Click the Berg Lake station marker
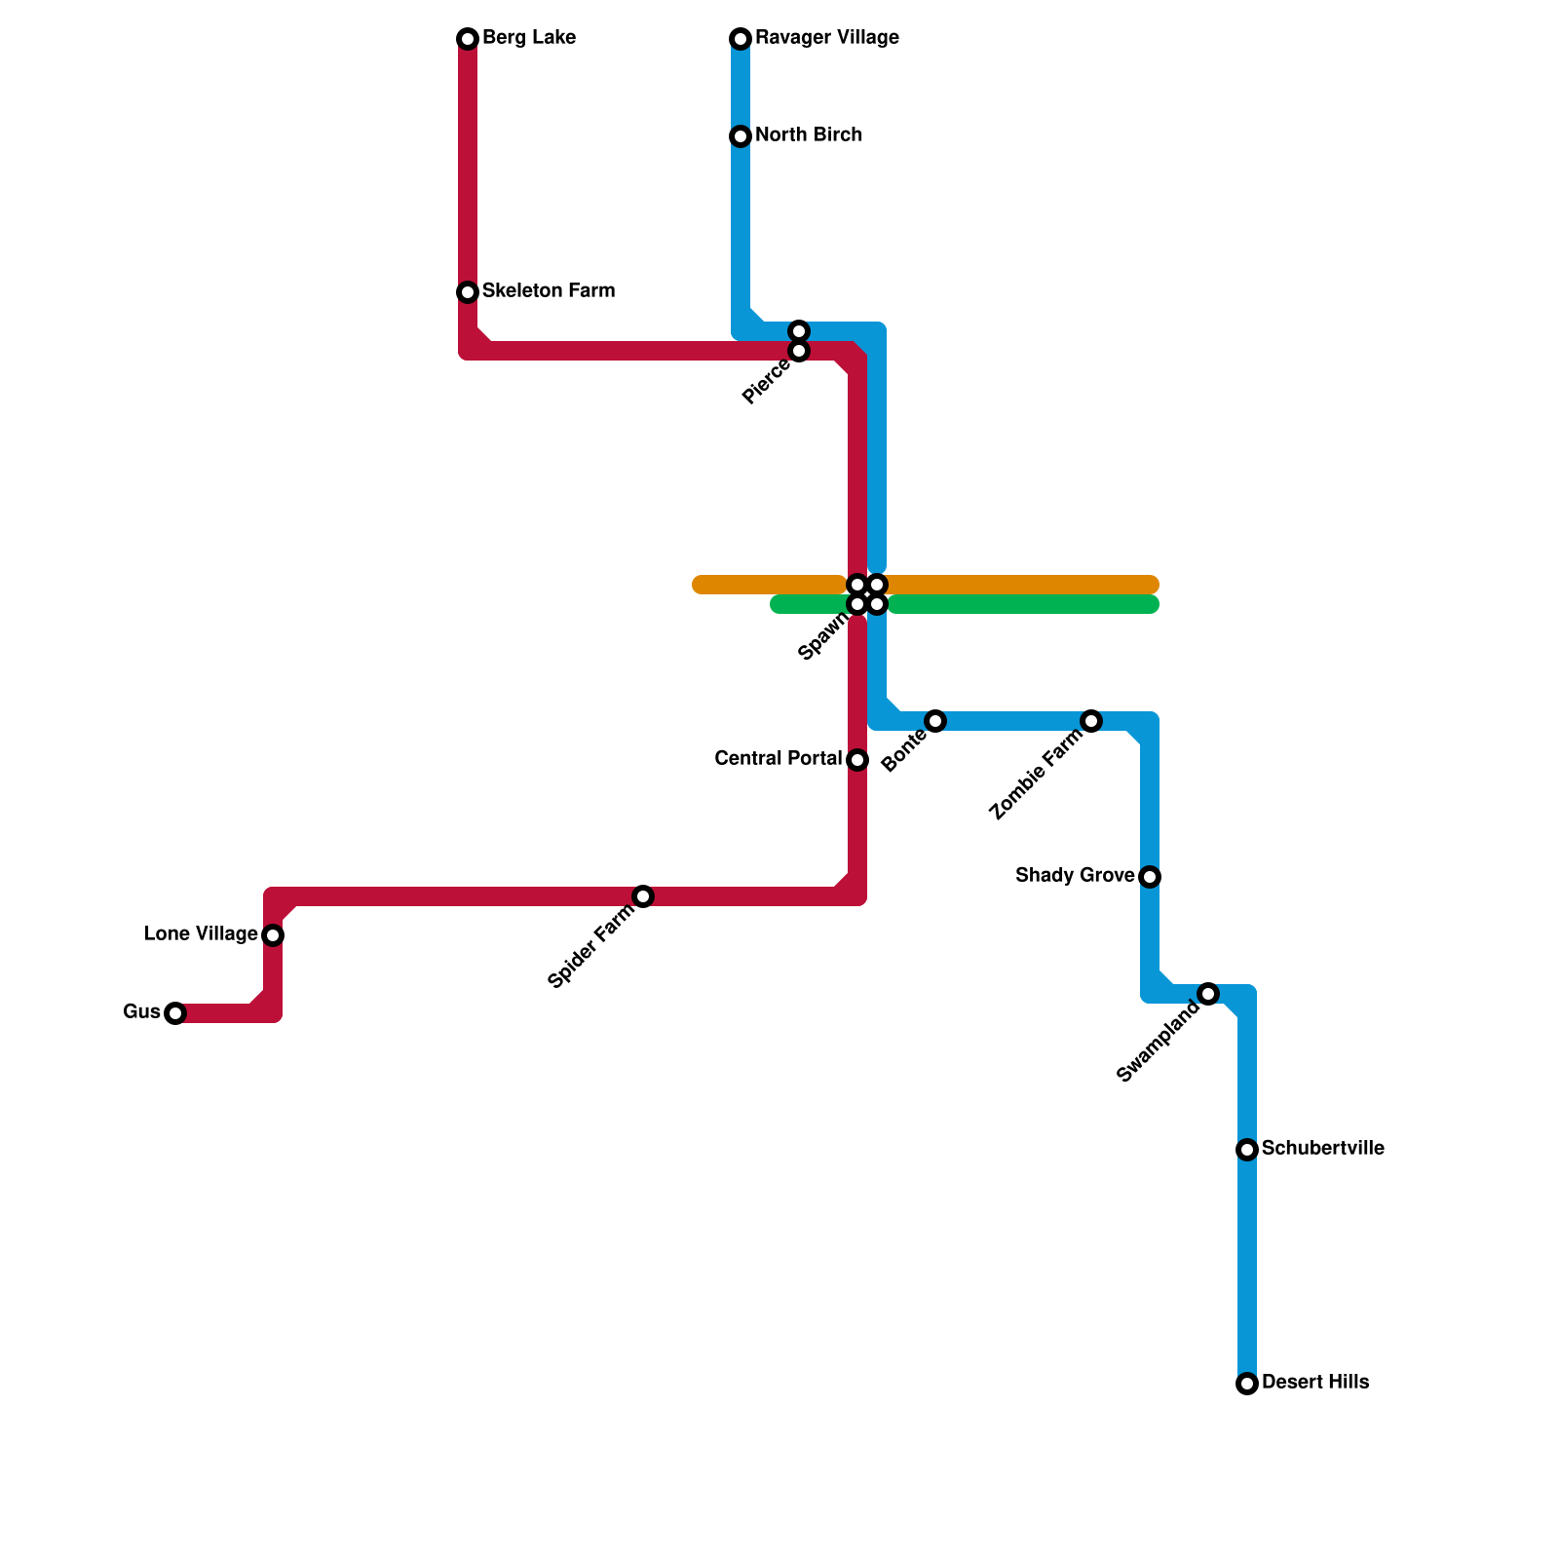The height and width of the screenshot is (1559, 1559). point(468,39)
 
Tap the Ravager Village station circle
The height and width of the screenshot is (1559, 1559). point(741,39)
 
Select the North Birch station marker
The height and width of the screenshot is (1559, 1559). point(741,136)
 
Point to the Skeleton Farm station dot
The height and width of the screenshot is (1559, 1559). point(468,292)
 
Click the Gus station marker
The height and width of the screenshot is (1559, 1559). point(175,1013)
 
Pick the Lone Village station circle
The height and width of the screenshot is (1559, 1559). point(273,935)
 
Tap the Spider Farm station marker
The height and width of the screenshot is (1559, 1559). point(643,896)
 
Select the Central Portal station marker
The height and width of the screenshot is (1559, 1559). point(857,760)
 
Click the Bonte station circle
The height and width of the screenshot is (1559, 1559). point(935,721)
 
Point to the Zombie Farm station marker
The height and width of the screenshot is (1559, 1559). point(1091,721)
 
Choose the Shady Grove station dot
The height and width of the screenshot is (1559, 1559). point(1150,877)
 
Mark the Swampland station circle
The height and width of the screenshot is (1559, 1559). point(1208,994)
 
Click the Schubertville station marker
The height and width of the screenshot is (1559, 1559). point(1247,1150)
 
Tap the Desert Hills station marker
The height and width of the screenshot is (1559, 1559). point(1247,1384)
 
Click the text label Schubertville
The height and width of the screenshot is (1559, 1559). point(1322,1149)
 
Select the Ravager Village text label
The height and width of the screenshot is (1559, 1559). point(826,38)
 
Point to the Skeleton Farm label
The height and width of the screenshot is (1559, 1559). point(548,291)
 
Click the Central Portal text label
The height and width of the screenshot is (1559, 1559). point(778,759)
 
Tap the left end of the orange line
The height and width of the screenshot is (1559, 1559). point(700,585)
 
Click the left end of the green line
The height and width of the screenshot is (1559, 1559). point(778,604)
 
